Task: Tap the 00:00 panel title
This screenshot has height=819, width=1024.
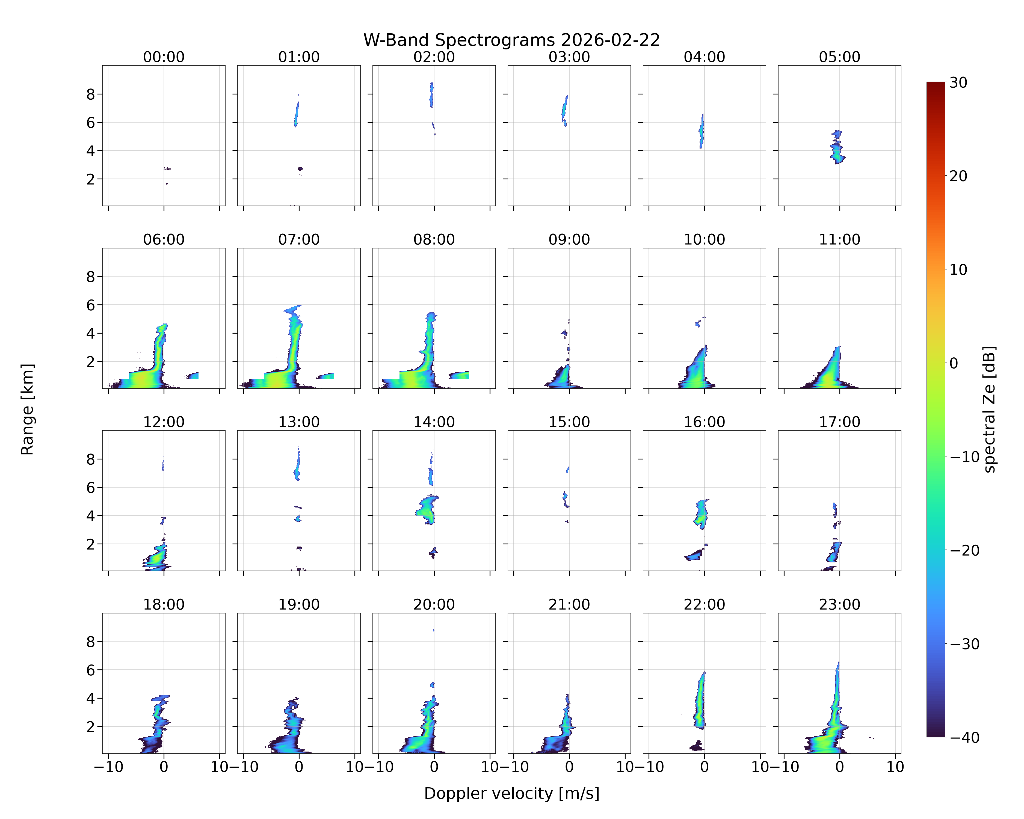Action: (x=164, y=57)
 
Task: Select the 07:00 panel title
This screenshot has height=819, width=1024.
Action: (x=299, y=239)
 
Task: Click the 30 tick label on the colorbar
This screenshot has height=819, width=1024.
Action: (x=958, y=83)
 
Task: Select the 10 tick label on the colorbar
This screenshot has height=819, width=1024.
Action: (x=958, y=270)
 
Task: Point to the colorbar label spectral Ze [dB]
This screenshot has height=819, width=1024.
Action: (x=989, y=409)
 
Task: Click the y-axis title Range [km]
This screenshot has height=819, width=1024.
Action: (x=28, y=409)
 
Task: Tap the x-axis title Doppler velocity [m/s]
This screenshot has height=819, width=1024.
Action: (x=511, y=793)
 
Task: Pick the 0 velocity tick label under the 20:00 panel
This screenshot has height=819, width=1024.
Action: (x=434, y=767)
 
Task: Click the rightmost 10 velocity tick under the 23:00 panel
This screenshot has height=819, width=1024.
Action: (x=895, y=767)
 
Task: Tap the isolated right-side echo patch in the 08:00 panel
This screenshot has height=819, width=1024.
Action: (x=459, y=375)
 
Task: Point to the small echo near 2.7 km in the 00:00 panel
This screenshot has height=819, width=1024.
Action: (x=167, y=168)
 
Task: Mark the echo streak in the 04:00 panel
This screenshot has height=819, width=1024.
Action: (x=702, y=131)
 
